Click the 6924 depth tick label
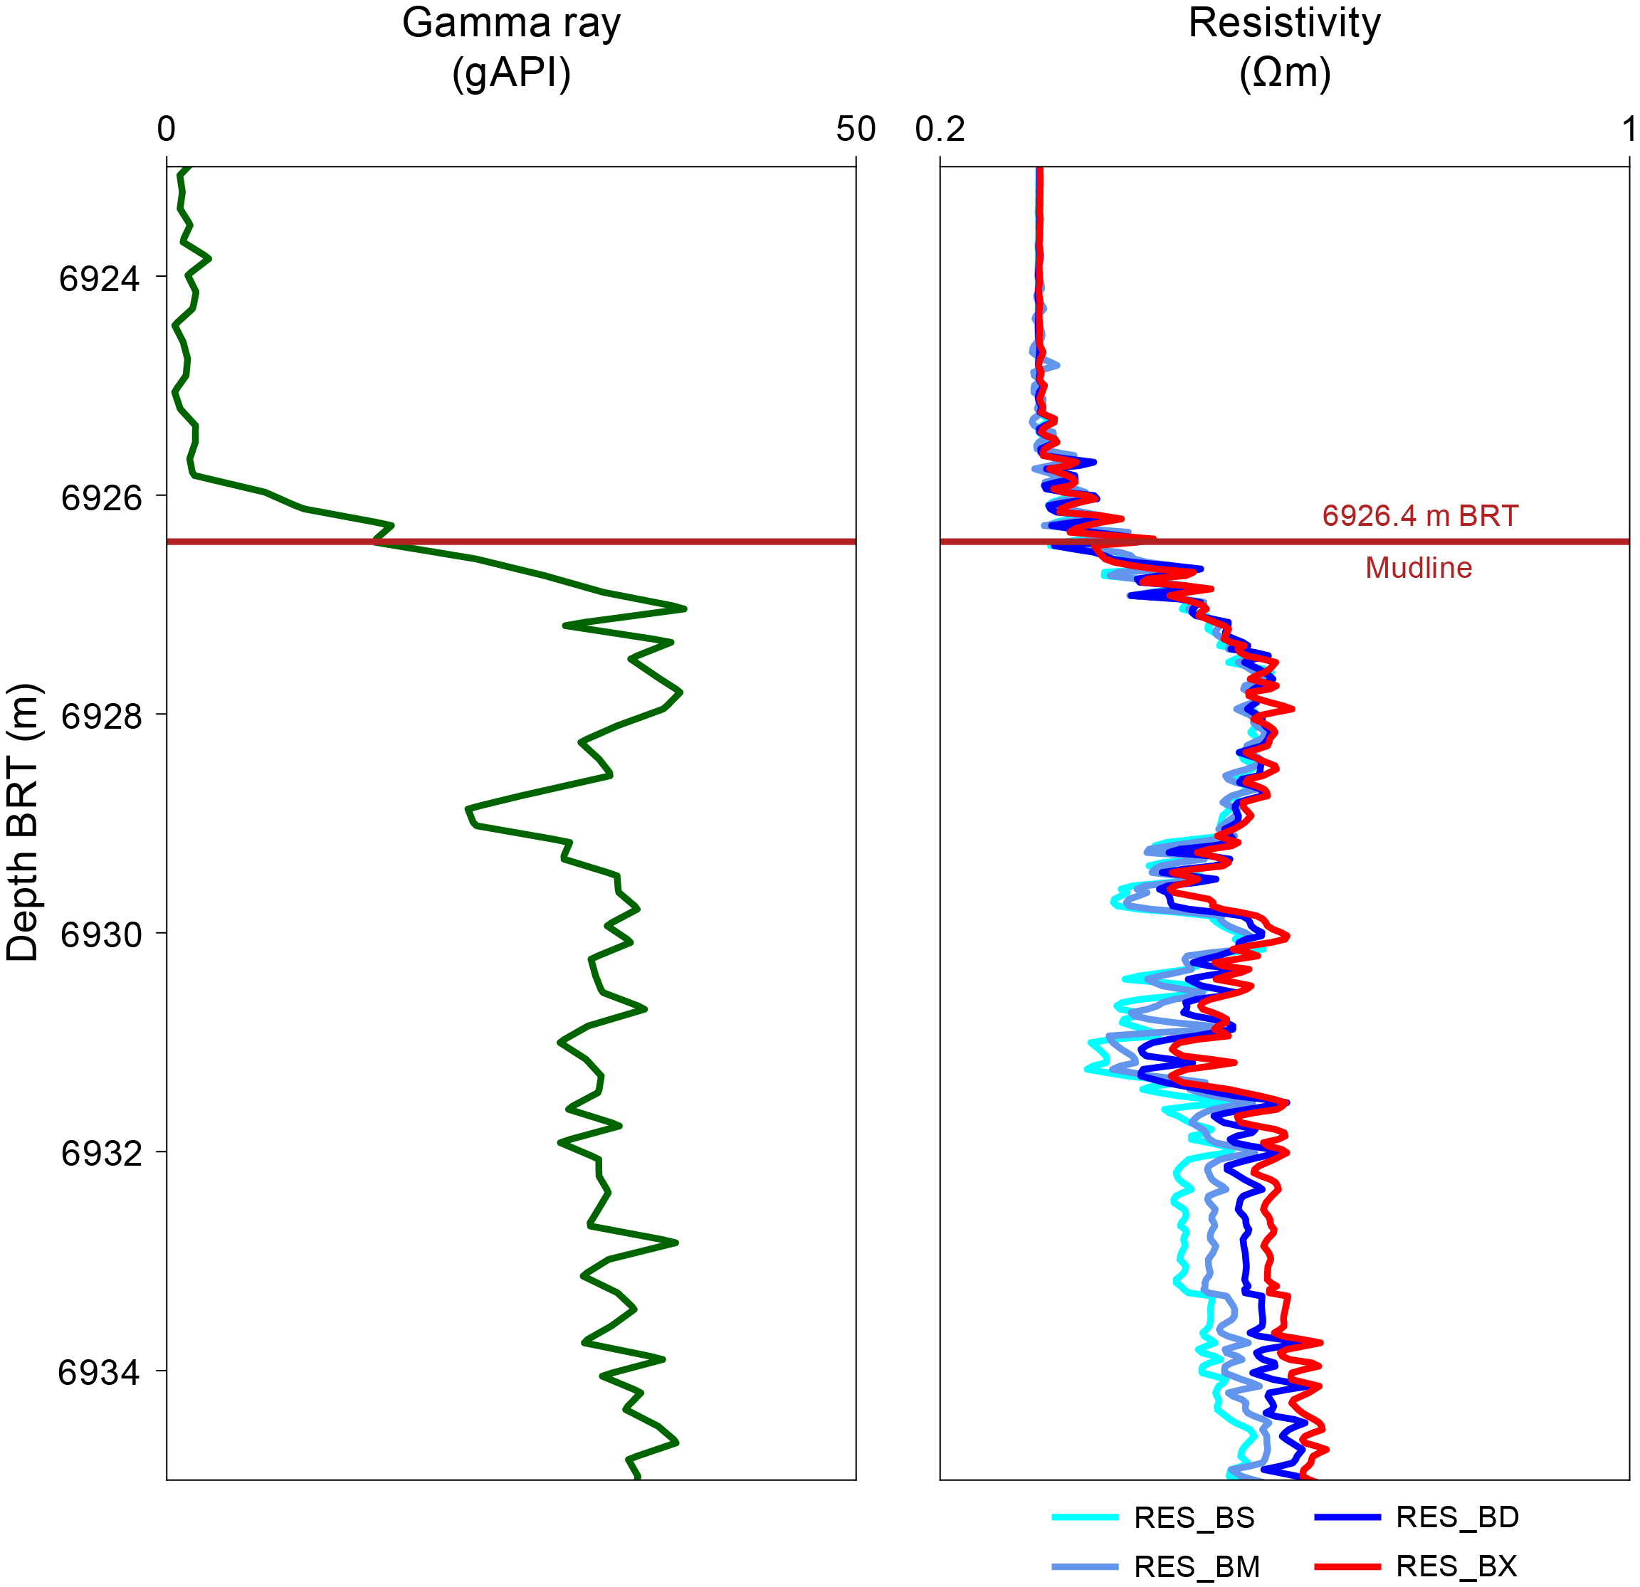pos(99,278)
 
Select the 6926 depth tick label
pos(100,497)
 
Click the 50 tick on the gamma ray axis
pos(855,130)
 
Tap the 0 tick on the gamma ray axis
pos(167,130)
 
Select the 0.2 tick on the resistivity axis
pos(940,130)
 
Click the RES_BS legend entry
pos(1193,1517)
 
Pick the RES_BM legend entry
pos(1196,1566)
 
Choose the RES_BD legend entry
pos(1457,1517)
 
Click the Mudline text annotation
pos(1418,568)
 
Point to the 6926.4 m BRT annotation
pos(1420,516)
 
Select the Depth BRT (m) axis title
pos(23,823)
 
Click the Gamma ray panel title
pos(511,23)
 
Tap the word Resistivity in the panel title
pos(1284,23)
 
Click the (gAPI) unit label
pos(511,73)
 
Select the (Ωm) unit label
pos(1284,73)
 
